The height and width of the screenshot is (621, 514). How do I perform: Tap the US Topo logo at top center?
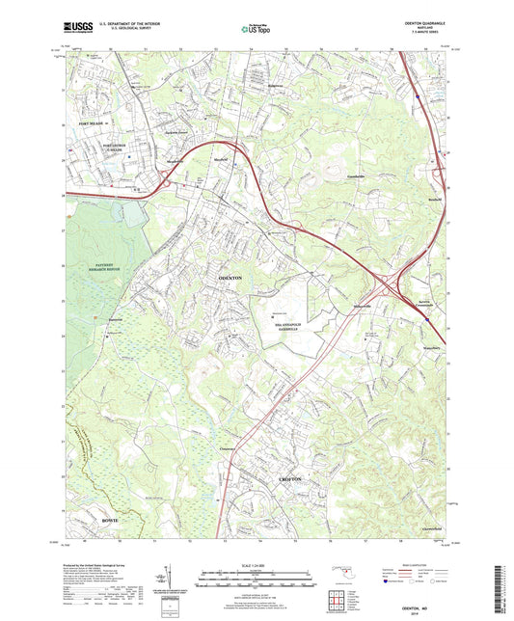tap(255, 31)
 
